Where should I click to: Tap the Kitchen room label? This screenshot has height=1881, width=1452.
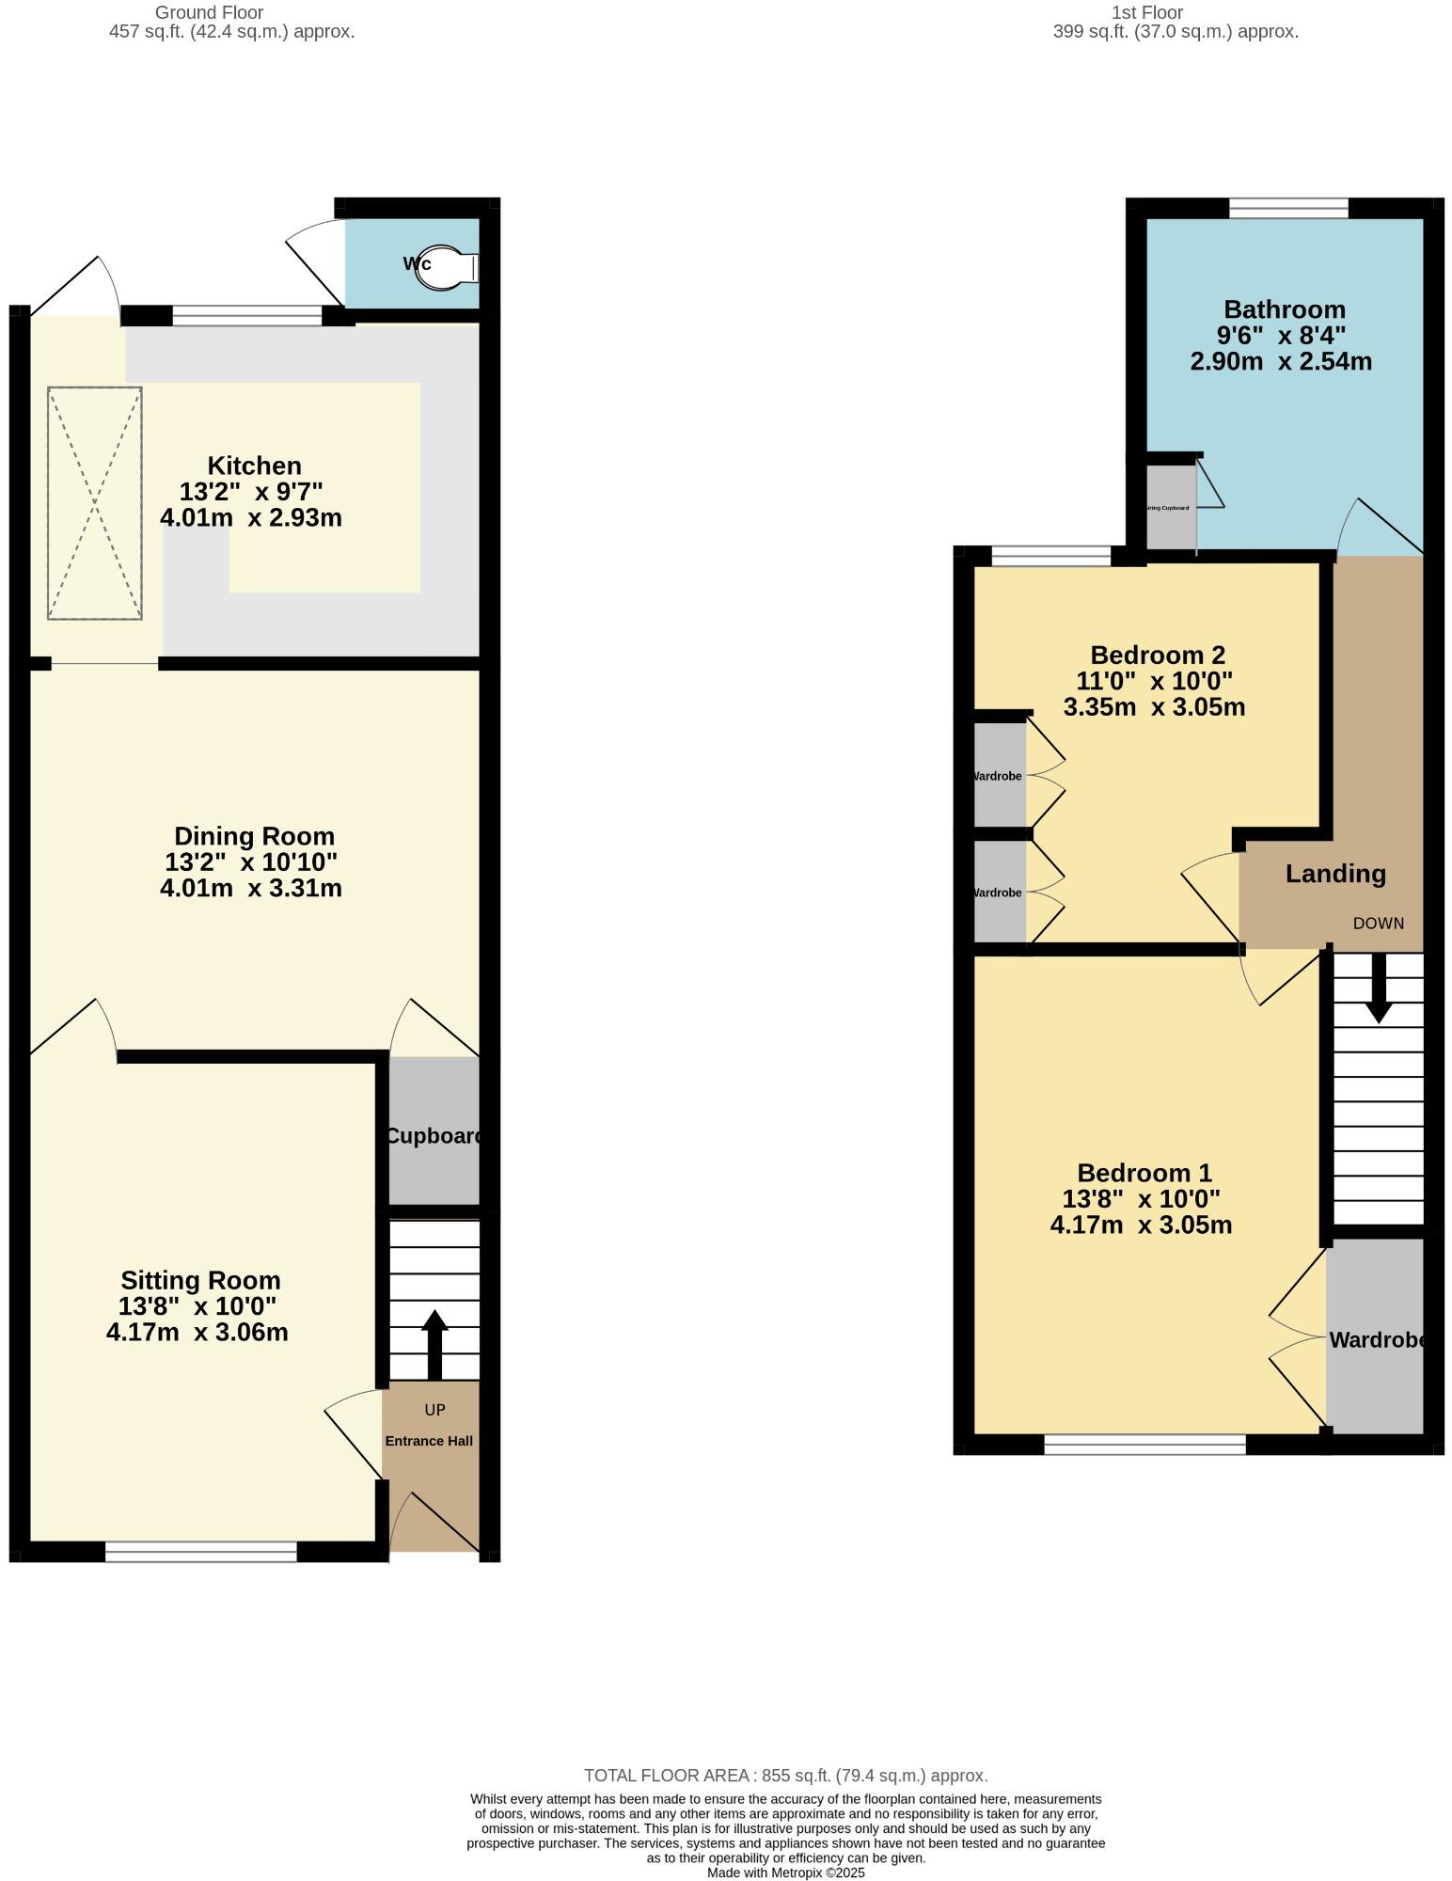click(x=254, y=466)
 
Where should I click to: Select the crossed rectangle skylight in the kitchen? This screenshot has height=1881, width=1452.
click(x=95, y=503)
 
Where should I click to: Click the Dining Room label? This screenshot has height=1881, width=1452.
click(x=254, y=836)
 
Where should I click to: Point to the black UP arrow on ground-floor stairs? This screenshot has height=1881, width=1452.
click(x=434, y=1344)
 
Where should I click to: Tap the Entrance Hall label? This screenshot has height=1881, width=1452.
click(x=429, y=1441)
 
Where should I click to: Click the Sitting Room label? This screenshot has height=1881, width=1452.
click(x=200, y=1280)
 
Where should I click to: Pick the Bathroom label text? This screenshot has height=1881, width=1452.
click(x=1284, y=309)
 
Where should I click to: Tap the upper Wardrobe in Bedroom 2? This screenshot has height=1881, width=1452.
click(x=999, y=776)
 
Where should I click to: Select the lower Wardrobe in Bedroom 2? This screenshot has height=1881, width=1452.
click(x=999, y=893)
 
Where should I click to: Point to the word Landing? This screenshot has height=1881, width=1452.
click(x=1335, y=874)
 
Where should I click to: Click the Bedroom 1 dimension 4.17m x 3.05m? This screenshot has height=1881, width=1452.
click(x=1141, y=1225)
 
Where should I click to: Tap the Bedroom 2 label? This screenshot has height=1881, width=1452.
click(x=1157, y=655)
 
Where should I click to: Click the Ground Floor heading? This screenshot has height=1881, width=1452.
click(x=209, y=13)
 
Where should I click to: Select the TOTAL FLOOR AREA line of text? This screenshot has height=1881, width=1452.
click(x=785, y=1776)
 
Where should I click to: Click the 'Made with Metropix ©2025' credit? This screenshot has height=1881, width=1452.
click(x=785, y=1873)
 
